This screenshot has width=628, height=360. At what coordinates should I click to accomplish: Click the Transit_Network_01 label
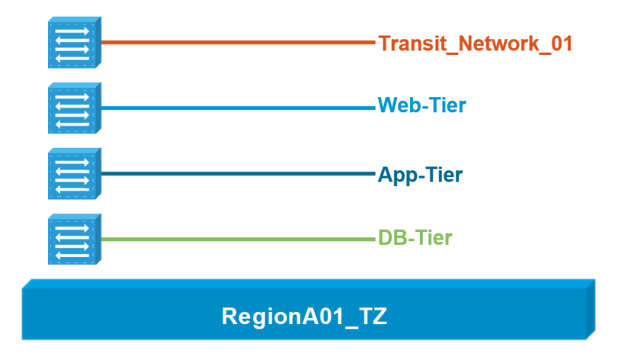click(476, 43)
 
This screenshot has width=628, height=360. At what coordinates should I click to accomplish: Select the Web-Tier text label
click(422, 105)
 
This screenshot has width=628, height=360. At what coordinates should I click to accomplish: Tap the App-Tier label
click(420, 175)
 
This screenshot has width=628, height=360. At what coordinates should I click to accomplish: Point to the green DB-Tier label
click(415, 238)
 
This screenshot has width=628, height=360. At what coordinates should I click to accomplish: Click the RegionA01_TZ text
click(304, 317)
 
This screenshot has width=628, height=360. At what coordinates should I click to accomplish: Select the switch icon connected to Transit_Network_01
click(75, 43)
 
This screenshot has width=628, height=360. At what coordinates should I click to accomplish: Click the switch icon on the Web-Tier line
click(75, 108)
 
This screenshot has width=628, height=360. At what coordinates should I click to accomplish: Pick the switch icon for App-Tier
click(75, 174)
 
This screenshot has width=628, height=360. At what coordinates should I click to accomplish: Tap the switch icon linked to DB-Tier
click(75, 239)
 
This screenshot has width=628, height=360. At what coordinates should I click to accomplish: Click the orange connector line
click(239, 42)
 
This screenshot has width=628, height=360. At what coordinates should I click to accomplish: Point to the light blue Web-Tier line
click(239, 108)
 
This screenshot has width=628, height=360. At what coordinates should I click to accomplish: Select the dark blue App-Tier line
click(239, 174)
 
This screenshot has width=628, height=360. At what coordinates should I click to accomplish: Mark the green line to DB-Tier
click(239, 239)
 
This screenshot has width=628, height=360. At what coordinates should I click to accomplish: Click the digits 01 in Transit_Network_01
click(562, 43)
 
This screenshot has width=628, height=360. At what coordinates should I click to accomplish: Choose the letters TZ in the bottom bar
click(373, 317)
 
